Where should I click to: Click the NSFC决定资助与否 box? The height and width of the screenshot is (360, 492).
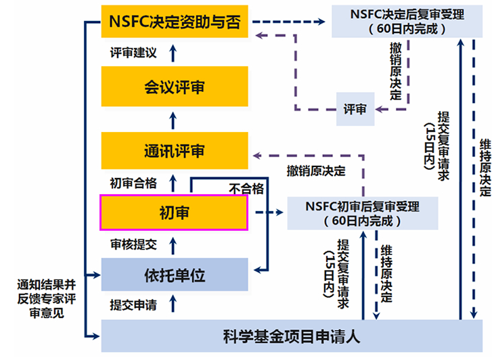click(x=174, y=22)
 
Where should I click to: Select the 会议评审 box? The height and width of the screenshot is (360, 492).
click(x=174, y=88)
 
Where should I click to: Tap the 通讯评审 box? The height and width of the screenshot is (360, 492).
click(x=174, y=150)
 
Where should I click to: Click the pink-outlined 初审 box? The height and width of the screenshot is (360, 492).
click(x=174, y=212)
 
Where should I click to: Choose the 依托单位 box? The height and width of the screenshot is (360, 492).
click(x=174, y=275)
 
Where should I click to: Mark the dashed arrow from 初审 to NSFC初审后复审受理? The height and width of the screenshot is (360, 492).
click(x=267, y=212)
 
